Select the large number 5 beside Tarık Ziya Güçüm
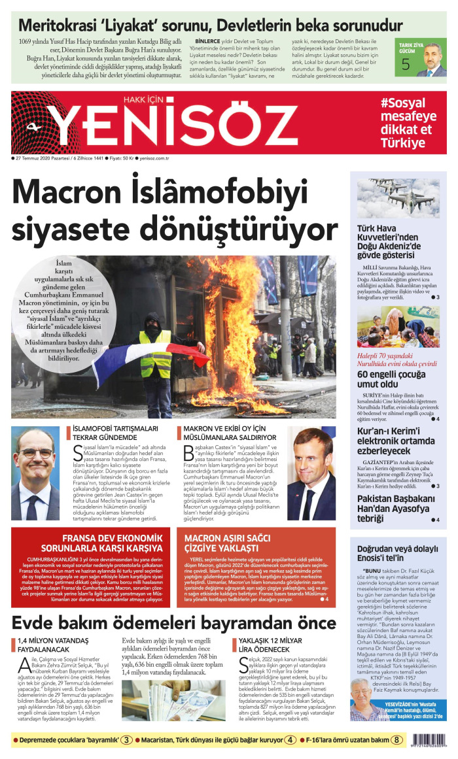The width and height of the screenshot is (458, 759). (406, 64)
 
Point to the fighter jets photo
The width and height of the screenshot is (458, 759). (398, 198)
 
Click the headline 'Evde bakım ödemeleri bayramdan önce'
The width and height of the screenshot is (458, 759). (173, 622)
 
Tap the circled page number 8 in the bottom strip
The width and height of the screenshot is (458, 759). (396, 740)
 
